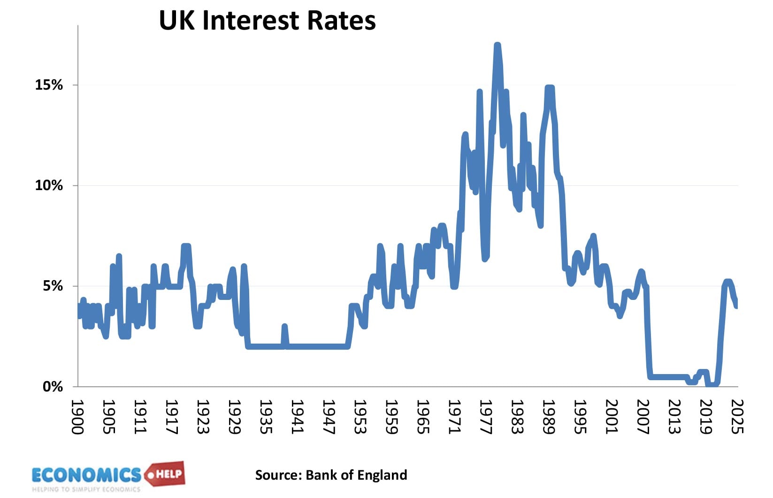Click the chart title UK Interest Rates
[x=267, y=20]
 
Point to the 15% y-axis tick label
[x=49, y=85]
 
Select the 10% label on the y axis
[x=49, y=185]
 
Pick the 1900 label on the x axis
[x=77, y=417]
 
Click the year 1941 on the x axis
[x=297, y=417]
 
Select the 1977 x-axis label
[x=486, y=417]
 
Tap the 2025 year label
[x=737, y=417]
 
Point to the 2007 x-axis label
[x=643, y=417]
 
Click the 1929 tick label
[x=234, y=417]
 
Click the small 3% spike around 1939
[x=284, y=326]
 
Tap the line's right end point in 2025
[x=736, y=306]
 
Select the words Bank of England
[x=356, y=475]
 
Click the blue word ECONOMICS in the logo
[x=86, y=475]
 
